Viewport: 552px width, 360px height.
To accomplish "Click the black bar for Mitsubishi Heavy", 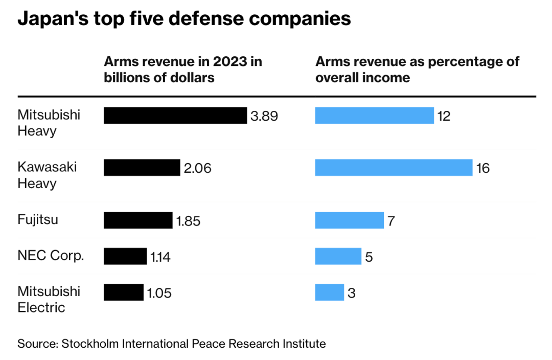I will [175, 116].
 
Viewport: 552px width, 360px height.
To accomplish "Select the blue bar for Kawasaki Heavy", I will [394, 168].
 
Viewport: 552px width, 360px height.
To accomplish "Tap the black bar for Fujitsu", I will [138, 220].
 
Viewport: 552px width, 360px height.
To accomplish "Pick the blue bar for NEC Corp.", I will [338, 256].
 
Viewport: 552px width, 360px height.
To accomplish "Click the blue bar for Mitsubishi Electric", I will [330, 292].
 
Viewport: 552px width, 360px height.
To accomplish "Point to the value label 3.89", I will [264, 116].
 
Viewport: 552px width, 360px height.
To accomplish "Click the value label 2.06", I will [198, 168].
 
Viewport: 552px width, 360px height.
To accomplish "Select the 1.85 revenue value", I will [189, 221].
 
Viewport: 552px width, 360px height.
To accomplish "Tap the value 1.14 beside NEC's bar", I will [160, 257].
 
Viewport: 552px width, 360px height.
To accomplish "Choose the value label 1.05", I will [159, 293].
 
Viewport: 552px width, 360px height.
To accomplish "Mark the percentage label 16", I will [483, 168].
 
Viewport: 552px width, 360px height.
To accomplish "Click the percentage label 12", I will [444, 116].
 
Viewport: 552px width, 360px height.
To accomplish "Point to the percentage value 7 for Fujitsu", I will [390, 221].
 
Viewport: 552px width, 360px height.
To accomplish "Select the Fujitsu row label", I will [38, 220].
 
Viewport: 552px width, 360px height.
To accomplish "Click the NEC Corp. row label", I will [51, 256].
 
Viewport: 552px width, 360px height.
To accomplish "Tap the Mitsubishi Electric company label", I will [49, 299].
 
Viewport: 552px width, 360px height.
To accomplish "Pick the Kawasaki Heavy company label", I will [47, 175].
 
